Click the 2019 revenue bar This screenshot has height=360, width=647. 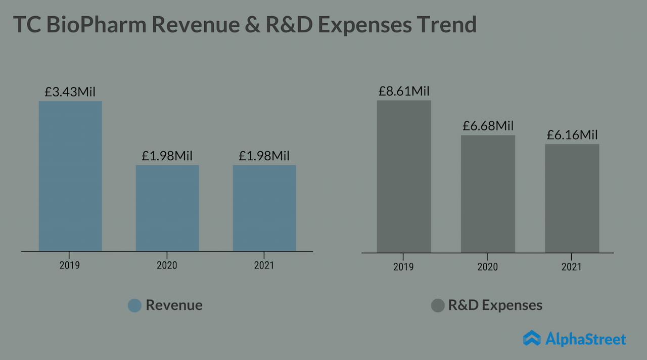(70, 176)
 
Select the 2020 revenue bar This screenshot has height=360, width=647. (167, 208)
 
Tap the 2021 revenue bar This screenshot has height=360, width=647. (264, 208)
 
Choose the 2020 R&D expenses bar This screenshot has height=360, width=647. (488, 194)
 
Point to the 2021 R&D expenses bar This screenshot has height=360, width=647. (572, 198)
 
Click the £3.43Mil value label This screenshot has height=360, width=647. (70, 92)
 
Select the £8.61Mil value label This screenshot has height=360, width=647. (404, 91)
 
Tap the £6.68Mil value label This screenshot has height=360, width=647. (488, 126)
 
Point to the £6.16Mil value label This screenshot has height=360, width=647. (572, 135)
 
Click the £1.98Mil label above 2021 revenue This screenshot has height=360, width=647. (264, 156)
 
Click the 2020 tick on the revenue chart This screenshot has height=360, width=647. (167, 265)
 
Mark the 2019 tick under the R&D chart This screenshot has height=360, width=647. (403, 266)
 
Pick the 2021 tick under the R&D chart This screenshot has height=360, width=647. (572, 266)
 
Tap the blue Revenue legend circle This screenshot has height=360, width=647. (134, 305)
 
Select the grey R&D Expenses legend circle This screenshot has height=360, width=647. (438, 305)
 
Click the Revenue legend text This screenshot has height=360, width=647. (174, 305)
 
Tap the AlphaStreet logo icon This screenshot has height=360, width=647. (532, 338)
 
